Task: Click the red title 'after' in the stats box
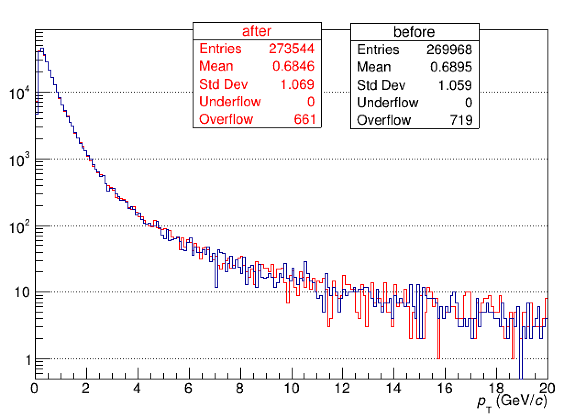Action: point(256,31)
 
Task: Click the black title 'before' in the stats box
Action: point(414,32)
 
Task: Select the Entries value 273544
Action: point(292,49)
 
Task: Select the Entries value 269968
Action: point(449,49)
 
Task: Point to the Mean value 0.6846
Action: point(293,66)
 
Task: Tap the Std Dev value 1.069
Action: point(298,84)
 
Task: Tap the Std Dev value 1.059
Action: point(455,85)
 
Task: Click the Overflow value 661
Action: point(305,119)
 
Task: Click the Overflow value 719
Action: point(462,120)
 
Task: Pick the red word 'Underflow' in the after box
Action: point(230,102)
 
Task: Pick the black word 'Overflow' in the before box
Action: point(384,120)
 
